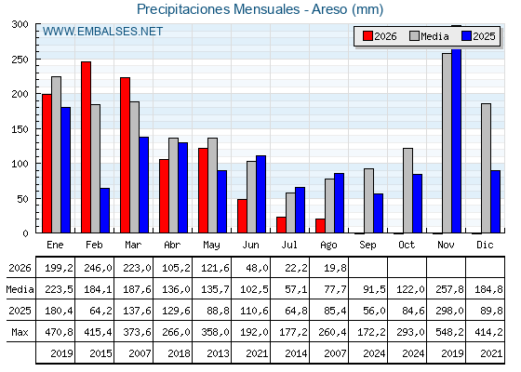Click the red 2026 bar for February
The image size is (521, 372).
(86, 147)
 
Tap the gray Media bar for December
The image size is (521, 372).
(486, 168)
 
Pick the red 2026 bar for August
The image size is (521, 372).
(320, 226)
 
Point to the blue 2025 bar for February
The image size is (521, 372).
(105, 210)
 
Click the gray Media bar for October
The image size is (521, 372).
(407, 191)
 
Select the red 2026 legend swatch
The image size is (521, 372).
(367, 36)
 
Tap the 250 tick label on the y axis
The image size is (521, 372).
(20, 60)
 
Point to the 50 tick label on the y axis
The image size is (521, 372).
(23, 199)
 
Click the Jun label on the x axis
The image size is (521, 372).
(250, 246)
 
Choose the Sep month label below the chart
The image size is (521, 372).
(367, 246)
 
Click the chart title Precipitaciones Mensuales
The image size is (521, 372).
(218, 9)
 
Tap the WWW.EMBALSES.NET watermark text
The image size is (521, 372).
(102, 32)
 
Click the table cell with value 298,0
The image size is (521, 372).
(449, 311)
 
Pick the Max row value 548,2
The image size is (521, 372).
(449, 332)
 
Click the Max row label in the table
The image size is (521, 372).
(20, 332)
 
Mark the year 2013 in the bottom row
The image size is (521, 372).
(218, 353)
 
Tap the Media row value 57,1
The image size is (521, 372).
(296, 289)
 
